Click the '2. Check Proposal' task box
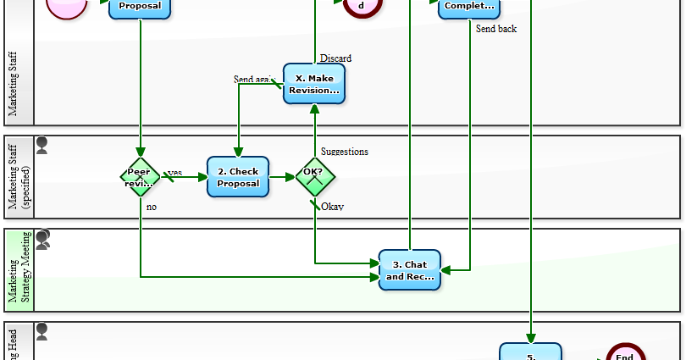pos(238,177)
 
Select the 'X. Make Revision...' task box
pos(314,84)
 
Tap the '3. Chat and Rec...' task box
pos(410,270)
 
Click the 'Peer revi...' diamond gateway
pos(141,177)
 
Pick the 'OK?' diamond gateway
pos(315,177)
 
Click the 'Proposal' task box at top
pos(141,8)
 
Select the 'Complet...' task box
pos(468,8)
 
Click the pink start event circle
pos(67,6)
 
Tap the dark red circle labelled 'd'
pos(362,6)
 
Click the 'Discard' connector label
pos(335,58)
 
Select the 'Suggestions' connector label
pos(345,152)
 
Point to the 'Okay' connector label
pos(332,206)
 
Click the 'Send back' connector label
pos(495,29)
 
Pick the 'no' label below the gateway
pos(152,206)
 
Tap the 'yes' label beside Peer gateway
pos(174,173)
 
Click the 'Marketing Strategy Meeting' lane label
pos(19,269)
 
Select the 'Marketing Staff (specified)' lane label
pos(19,177)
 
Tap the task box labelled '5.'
pos(530,352)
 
